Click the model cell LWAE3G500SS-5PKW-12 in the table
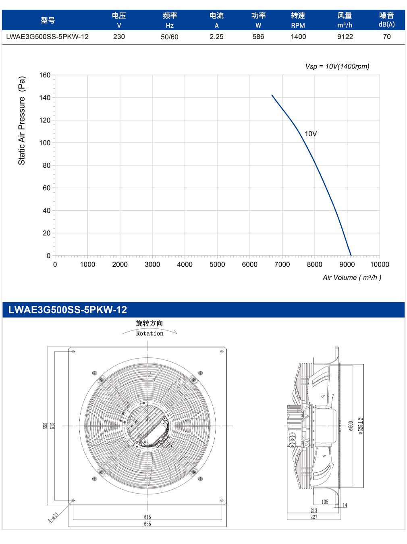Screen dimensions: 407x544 click(47, 37)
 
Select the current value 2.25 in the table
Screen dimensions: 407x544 click(216, 37)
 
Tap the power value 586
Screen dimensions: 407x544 click(258, 37)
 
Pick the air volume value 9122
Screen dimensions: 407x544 click(345, 37)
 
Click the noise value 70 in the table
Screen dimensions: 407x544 click(386, 37)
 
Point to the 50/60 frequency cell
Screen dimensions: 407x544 click(169, 37)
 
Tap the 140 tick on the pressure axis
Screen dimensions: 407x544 click(45, 98)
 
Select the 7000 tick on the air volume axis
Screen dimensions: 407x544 click(282, 264)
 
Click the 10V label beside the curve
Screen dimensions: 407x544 click(311, 134)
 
